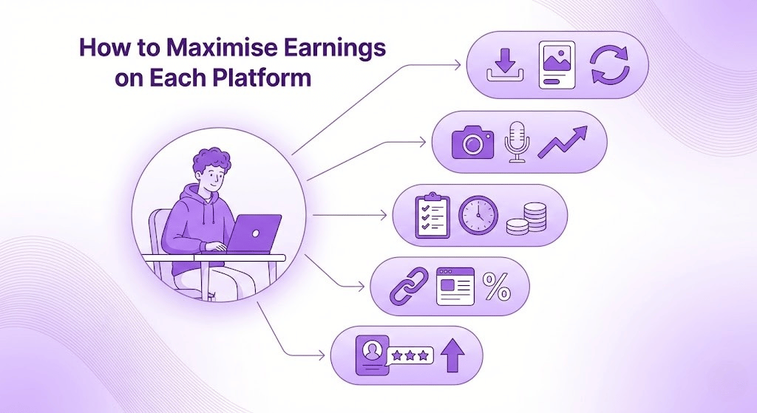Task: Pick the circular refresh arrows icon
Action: pos(610,65)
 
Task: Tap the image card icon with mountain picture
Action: pos(557,65)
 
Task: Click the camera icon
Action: pos(472,141)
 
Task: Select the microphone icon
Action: pos(517,141)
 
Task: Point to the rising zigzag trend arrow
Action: pos(563,142)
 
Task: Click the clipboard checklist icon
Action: pos(432,215)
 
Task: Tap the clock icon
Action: pos(478,215)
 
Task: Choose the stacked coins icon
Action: pos(526,219)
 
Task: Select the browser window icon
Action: pos(455,287)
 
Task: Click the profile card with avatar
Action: pos(372,355)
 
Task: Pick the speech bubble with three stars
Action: pos(410,356)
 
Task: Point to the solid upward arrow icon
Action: pos(453,355)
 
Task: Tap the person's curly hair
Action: pos(211,160)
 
